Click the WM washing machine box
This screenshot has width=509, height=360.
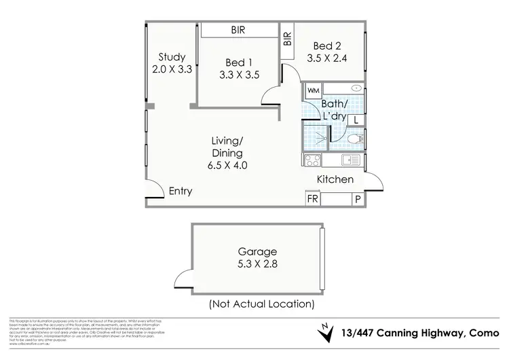pos(313,90)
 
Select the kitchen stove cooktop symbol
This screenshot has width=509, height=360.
pos(312,161)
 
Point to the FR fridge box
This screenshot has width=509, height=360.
pos(313,200)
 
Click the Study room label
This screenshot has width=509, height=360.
pos(172,57)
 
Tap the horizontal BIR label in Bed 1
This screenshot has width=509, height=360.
pos(238,31)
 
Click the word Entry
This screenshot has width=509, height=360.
pos(181,192)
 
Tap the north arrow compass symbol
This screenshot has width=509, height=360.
pos(326,333)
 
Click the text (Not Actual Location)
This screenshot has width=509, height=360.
pos(261,304)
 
